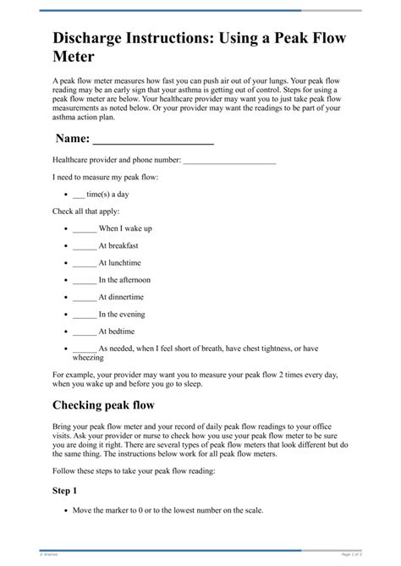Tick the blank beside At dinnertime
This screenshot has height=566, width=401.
[85, 298]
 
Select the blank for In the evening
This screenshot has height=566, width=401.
[85, 315]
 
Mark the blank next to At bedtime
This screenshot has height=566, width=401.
[85, 332]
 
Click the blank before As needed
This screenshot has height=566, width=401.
[85, 349]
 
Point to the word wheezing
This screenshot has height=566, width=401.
[87, 358]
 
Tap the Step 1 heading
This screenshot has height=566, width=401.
[64, 491]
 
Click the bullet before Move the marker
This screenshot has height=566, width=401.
[66, 511]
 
